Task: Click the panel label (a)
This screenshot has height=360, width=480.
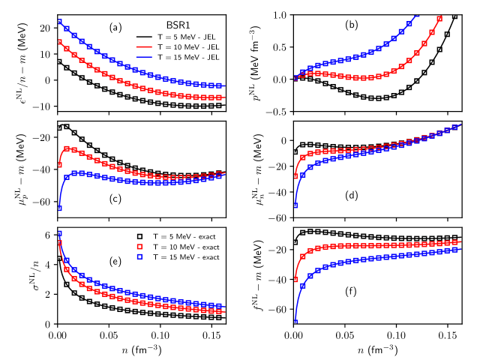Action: [115, 28]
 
